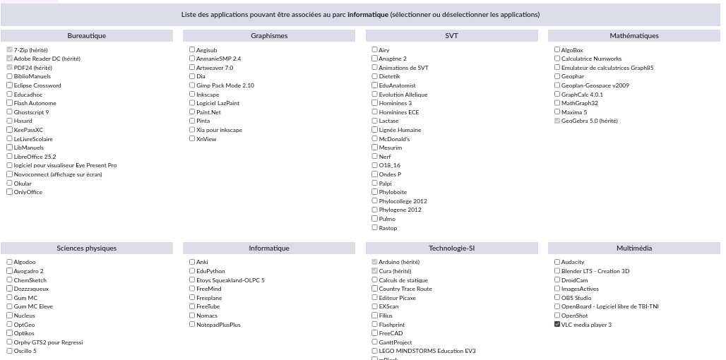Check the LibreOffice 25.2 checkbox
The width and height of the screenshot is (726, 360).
[x=10, y=157]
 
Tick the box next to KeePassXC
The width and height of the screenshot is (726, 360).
[x=10, y=130]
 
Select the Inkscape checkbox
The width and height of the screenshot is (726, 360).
[x=192, y=95]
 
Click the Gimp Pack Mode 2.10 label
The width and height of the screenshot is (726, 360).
[x=225, y=85]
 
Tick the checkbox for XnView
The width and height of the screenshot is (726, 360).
[x=192, y=139]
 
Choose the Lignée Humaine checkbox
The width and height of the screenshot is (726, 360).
[x=375, y=130]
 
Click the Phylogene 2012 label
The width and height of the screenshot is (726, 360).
[x=400, y=210]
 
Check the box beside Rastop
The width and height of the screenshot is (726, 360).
[x=375, y=228]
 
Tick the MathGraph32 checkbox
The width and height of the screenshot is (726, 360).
[x=557, y=103]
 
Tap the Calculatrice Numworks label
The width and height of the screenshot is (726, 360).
[x=591, y=59]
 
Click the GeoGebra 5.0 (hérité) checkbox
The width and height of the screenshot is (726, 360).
[x=557, y=121]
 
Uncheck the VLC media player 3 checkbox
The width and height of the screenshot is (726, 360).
[x=557, y=325]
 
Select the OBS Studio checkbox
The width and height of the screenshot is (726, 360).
[x=557, y=298]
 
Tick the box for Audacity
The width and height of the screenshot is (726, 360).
[x=557, y=262]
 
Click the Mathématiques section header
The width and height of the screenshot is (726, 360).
[x=633, y=36]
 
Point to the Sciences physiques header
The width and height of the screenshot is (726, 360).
[x=87, y=248]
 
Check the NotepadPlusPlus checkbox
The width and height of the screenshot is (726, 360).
[x=192, y=325]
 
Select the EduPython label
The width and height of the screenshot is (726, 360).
[x=210, y=271]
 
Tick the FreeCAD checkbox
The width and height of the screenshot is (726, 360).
[x=375, y=333]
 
